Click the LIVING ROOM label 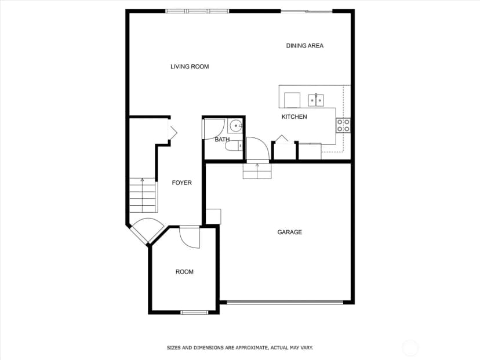(190, 67)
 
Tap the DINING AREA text (304, 46)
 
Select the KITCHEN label (294, 117)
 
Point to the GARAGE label (290, 232)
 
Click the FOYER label (182, 183)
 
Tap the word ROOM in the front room (184, 271)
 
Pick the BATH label (222, 139)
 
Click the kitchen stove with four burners (343, 126)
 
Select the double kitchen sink (316, 100)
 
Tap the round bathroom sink (236, 126)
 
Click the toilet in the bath (234, 146)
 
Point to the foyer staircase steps (143, 195)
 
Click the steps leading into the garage (257, 171)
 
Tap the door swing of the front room (190, 238)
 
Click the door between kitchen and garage (258, 148)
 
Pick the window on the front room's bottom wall (194, 312)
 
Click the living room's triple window (198, 12)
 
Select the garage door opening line (285, 303)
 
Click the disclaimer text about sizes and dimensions (239, 348)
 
